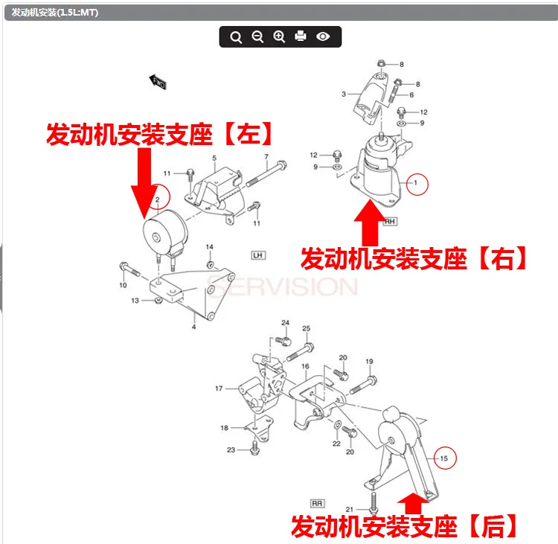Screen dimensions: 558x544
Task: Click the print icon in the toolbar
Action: (x=301, y=36)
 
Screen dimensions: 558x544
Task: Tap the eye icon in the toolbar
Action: (x=323, y=36)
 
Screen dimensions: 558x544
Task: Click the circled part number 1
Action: (x=417, y=182)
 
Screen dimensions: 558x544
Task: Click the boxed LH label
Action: (x=258, y=255)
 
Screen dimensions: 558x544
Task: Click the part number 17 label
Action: (x=219, y=388)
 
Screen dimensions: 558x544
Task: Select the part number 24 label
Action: (x=285, y=322)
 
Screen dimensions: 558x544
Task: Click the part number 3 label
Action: (x=344, y=95)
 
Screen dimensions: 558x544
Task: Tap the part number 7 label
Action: (x=266, y=157)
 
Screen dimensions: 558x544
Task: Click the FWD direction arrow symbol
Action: (x=157, y=81)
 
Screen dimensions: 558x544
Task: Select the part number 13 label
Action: (x=135, y=301)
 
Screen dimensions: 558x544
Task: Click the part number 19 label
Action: (x=368, y=362)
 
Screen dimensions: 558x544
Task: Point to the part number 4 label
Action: (x=193, y=326)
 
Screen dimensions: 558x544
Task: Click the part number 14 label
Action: (x=209, y=247)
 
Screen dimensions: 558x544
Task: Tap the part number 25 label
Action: (x=306, y=329)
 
